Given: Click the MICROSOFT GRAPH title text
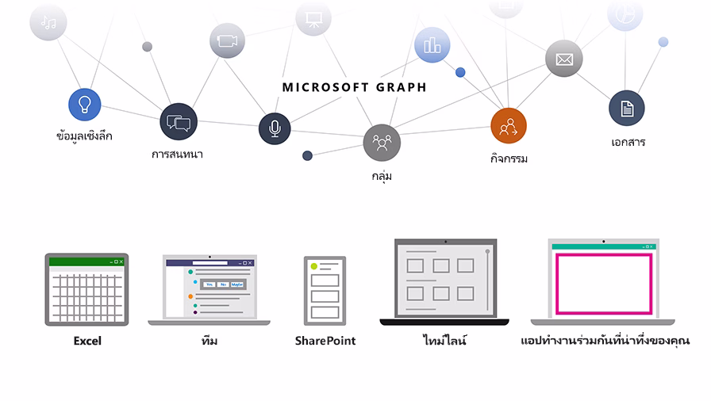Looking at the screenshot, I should click(354, 87).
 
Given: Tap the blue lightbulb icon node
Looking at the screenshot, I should click(84, 104).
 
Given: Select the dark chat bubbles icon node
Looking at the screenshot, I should click(178, 122).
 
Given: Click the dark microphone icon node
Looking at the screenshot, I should click(275, 128).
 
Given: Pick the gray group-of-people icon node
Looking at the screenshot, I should click(382, 143).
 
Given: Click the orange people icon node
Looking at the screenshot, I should click(508, 125).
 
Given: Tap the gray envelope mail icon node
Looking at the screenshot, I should click(564, 59).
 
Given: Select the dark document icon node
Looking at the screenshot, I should click(627, 109).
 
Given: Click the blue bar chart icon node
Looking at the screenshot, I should click(432, 45).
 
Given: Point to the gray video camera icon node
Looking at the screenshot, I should click(227, 40).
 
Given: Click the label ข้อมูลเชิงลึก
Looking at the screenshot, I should click(84, 136).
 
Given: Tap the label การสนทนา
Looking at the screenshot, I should click(177, 155).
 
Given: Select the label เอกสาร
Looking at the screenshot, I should click(628, 143).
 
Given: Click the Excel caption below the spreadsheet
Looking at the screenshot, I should click(87, 341).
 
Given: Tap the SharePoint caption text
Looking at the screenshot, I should click(325, 341).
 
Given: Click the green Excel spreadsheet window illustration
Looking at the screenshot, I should click(86, 290).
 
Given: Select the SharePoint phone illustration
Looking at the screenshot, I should click(325, 290).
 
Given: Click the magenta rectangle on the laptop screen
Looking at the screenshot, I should click(604, 283).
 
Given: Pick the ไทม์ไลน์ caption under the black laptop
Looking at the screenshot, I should click(444, 341).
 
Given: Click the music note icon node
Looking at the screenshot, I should click(48, 22).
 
